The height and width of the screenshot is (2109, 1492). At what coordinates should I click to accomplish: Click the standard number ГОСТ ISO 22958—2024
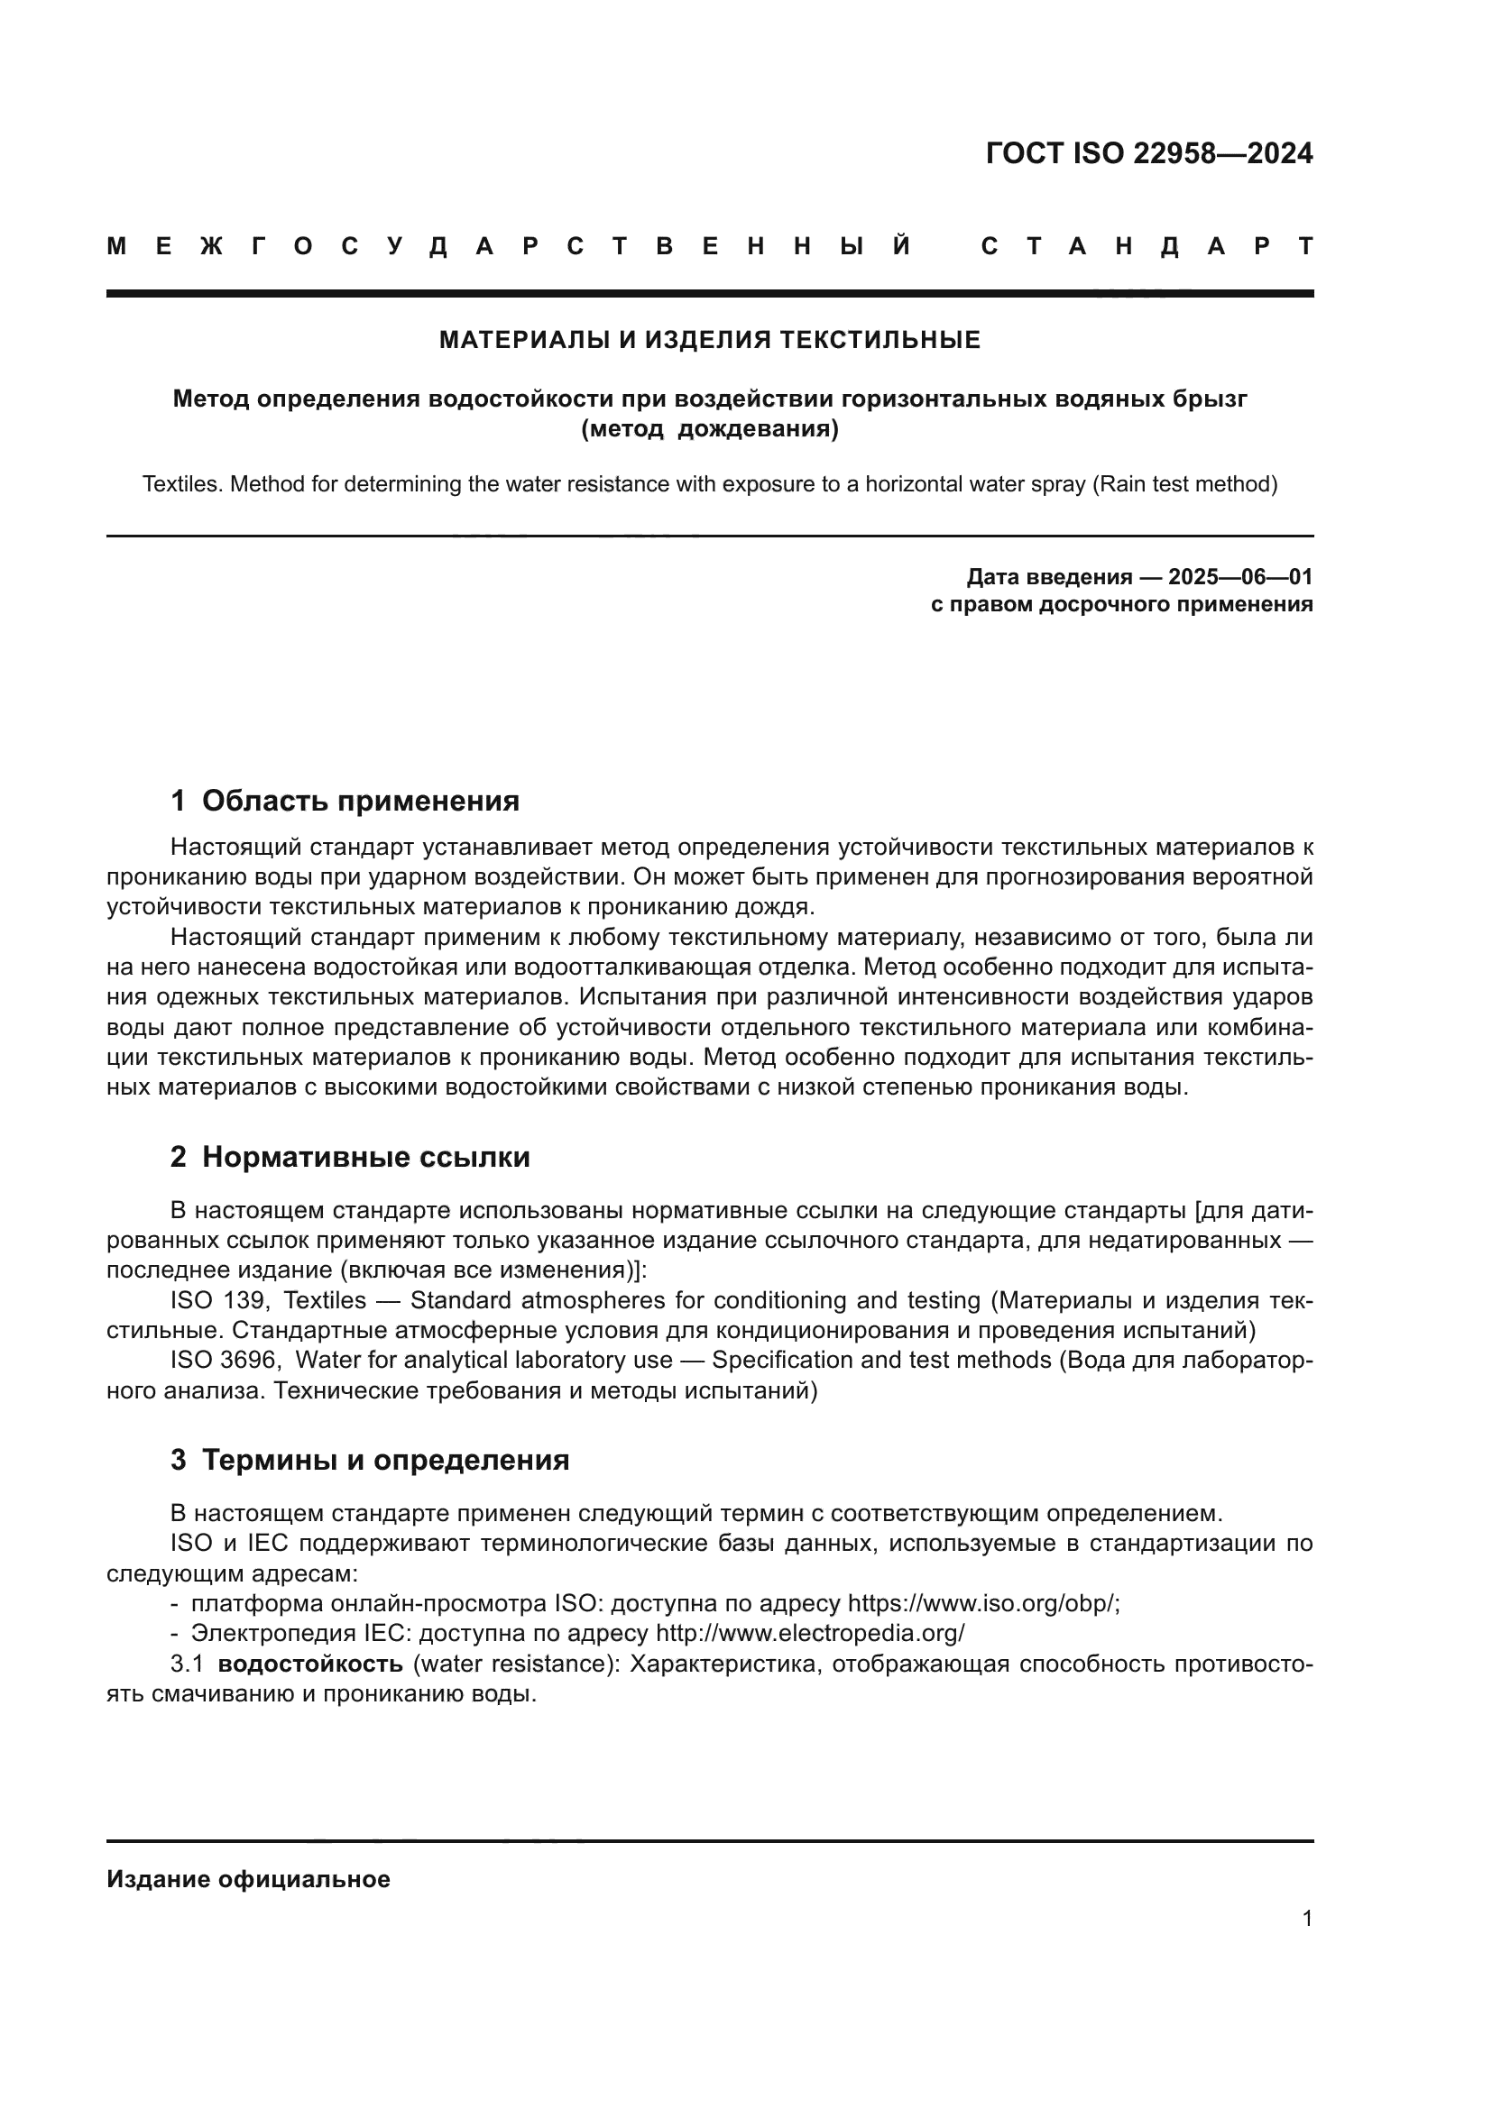(x=1148, y=153)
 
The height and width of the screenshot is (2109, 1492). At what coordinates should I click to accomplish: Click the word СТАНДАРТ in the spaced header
(x=1147, y=246)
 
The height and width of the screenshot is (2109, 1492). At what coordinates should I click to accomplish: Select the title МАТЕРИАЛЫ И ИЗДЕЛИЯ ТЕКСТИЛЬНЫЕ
(x=709, y=341)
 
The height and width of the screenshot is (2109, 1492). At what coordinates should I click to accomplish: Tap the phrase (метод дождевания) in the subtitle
(x=709, y=429)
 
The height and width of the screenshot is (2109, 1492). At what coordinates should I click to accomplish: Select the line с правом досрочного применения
(x=1121, y=604)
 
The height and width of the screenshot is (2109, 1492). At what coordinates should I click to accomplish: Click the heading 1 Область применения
(x=345, y=801)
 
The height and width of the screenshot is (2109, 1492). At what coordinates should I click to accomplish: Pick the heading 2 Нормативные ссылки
(x=350, y=1158)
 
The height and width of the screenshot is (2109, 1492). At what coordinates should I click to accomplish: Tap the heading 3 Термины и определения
(x=369, y=1460)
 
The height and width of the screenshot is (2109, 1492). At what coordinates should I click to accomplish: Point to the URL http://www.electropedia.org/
(x=809, y=1633)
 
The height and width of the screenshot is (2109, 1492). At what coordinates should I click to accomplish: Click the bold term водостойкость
(x=309, y=1664)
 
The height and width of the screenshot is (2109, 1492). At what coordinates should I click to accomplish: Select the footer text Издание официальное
(x=248, y=1879)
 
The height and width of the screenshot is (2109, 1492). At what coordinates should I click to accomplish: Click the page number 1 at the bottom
(x=1306, y=1918)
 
